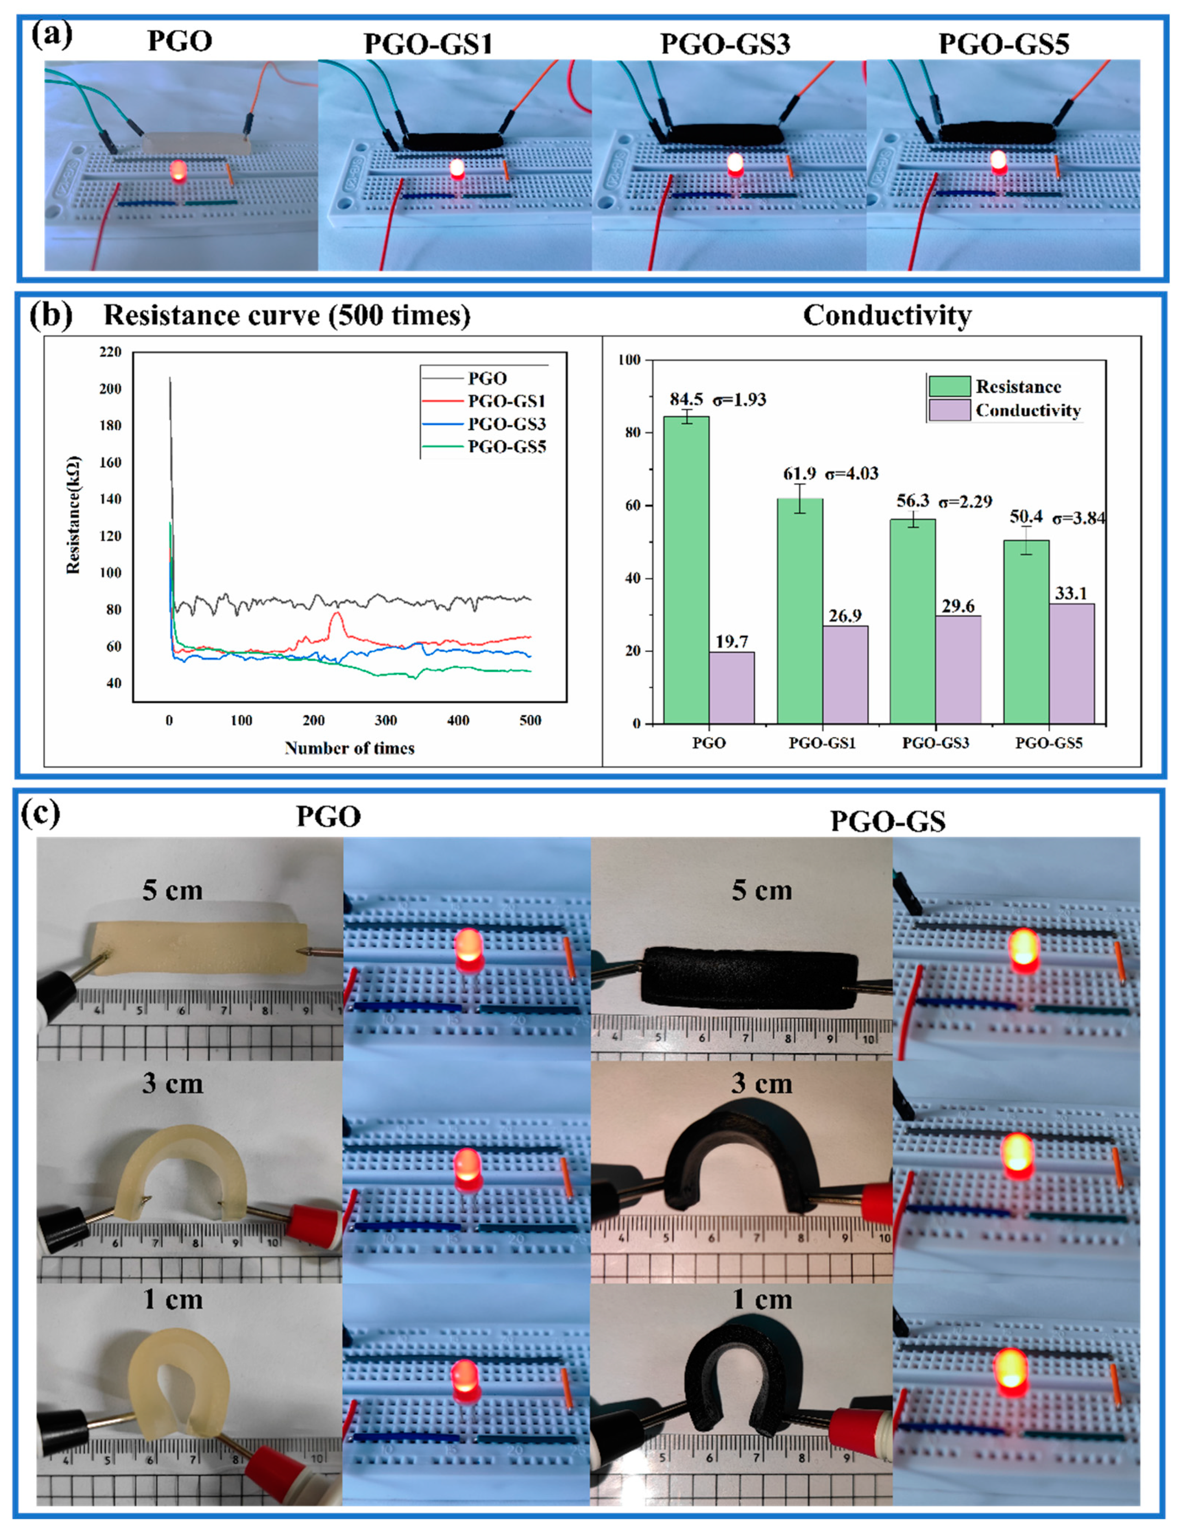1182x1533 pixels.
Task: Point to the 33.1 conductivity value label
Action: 1070,593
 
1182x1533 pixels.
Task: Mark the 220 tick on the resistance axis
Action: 111,352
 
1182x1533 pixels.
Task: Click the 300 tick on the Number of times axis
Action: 385,720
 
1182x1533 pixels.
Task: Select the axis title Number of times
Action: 349,748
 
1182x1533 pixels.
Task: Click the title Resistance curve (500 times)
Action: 287,316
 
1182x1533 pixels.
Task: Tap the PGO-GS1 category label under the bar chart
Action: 822,743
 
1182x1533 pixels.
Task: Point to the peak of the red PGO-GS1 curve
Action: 337,613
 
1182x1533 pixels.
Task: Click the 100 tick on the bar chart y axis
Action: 630,360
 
